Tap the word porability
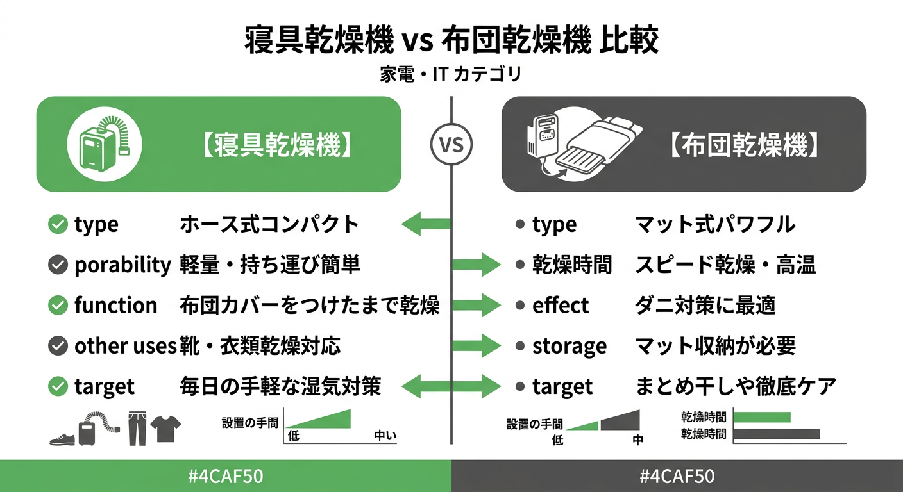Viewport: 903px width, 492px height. point(122,265)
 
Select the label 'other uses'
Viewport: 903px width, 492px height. point(125,346)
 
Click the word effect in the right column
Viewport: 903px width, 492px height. point(560,306)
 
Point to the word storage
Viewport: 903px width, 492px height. point(569,346)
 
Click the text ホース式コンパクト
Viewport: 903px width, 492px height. point(269,224)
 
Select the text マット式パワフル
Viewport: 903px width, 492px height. point(714,224)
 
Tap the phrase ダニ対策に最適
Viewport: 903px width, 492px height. point(705,306)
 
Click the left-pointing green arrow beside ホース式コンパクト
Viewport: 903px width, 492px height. point(425,224)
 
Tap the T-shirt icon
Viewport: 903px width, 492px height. point(166,429)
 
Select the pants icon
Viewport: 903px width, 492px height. point(137,429)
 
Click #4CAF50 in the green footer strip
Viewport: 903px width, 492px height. point(225,477)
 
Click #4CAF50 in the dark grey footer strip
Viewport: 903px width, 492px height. point(677,477)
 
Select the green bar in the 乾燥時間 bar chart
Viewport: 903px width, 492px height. point(761,418)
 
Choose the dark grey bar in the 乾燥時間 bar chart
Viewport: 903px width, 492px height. point(776,434)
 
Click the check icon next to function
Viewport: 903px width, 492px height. point(58,306)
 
